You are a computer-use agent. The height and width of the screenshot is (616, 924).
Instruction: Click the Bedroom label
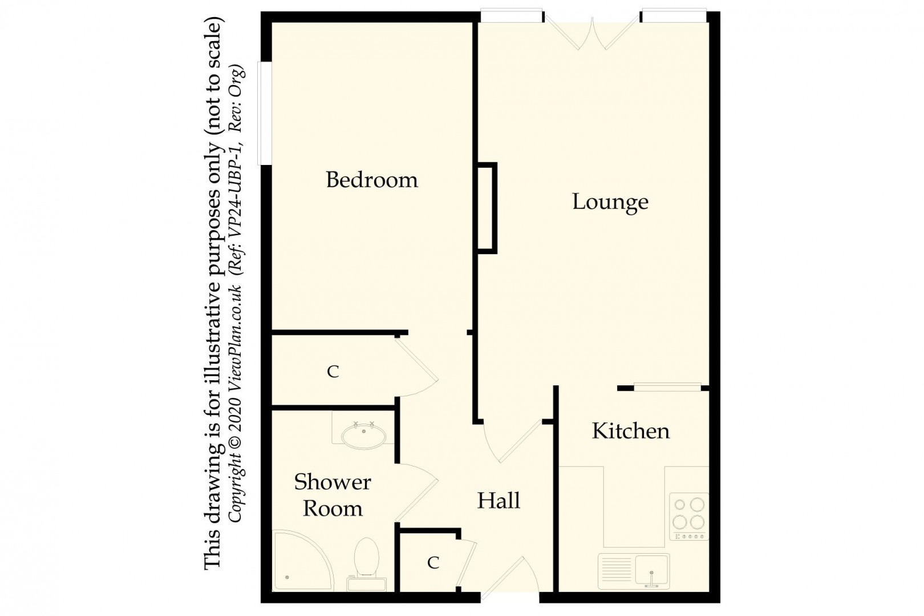371,180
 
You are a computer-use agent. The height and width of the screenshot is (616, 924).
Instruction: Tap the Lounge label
610,202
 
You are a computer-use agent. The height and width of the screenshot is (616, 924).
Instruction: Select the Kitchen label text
630,431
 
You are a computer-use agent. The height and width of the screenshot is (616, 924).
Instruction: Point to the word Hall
498,501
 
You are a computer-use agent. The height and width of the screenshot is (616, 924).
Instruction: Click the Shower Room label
333,495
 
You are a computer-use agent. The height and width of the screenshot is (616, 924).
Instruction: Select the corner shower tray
299,562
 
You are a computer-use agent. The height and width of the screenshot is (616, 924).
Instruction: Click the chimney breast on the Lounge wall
487,208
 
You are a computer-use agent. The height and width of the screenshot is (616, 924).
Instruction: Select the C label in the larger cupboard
333,372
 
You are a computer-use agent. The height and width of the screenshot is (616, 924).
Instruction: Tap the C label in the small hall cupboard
433,563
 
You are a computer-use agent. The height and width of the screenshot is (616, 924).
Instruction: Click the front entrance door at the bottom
510,579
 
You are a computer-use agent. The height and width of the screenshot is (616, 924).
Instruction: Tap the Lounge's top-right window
674,16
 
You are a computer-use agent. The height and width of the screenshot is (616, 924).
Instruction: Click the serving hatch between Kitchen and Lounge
667,387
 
